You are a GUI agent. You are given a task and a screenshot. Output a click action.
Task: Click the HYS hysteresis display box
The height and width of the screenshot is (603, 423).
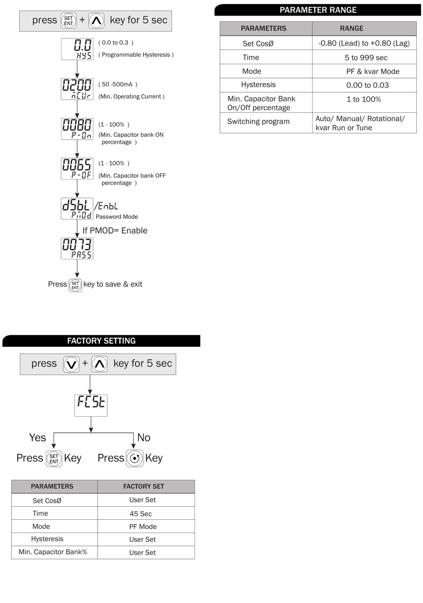coord(77,49)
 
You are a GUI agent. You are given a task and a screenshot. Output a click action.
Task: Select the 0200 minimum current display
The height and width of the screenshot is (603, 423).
coord(77,89)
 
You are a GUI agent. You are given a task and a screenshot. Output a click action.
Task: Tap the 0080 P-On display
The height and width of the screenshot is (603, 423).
coord(77,129)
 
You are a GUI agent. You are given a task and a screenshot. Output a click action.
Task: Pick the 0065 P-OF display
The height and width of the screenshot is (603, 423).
coord(77,168)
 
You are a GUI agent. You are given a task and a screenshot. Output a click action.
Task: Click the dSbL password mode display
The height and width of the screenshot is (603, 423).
coord(77,209)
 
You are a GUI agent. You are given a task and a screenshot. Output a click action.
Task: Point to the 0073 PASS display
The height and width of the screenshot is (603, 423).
coord(77,248)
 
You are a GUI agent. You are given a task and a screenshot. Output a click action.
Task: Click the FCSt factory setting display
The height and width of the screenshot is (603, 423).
coord(91,405)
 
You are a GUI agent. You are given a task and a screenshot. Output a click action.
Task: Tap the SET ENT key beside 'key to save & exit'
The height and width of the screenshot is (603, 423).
coord(75,285)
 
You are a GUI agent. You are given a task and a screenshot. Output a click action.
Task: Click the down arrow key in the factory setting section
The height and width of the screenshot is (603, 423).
coord(71,364)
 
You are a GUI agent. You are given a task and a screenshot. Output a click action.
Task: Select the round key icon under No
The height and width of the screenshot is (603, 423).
coord(134,458)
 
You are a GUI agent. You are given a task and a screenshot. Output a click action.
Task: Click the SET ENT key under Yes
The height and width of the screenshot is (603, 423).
coord(54,459)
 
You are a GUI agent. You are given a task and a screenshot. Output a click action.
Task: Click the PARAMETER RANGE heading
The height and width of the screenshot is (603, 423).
coord(318,10)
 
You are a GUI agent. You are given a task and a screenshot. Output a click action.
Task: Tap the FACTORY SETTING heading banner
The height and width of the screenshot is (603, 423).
coord(102,341)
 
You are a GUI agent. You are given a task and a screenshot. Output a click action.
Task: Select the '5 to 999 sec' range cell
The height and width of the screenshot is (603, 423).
coord(366,57)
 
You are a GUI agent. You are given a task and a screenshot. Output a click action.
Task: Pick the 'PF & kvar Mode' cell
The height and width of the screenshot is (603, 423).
coord(373,71)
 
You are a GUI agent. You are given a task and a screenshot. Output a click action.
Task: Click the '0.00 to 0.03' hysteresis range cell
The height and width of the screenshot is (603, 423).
coord(367,85)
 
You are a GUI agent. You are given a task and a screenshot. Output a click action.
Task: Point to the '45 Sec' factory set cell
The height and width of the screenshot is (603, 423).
coord(141,514)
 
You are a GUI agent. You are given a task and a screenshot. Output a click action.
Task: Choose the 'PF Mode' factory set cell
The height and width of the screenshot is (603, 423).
coord(143,527)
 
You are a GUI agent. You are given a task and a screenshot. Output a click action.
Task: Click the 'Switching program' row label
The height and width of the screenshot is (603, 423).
coord(258,122)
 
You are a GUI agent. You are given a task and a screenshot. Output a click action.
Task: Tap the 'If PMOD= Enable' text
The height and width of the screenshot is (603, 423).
coord(115,231)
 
